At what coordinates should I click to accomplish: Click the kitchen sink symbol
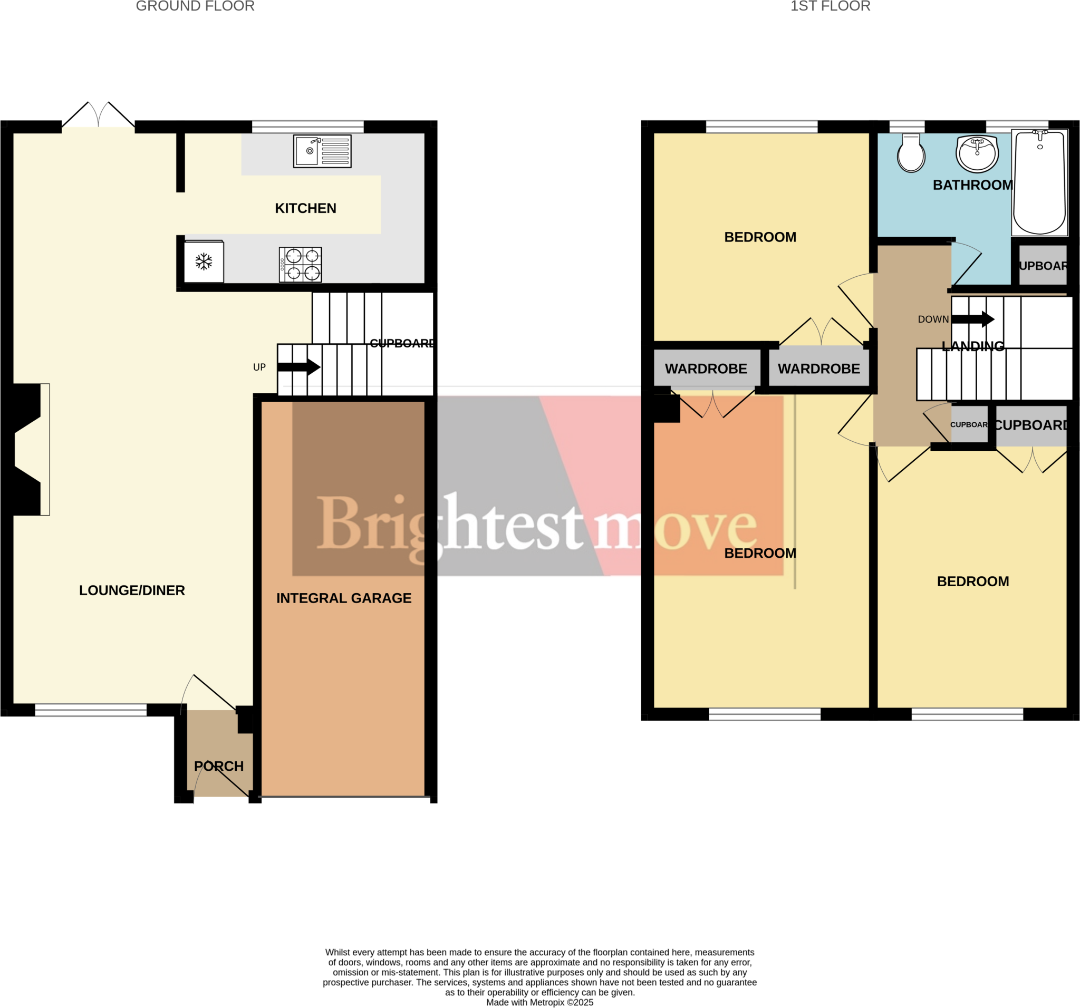[322, 151]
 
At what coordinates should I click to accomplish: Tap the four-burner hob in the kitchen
[301, 265]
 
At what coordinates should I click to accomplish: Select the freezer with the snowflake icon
[204, 262]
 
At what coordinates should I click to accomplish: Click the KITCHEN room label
[305, 209]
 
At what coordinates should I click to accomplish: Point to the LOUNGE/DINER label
[132, 590]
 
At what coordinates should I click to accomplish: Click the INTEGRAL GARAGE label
[344, 598]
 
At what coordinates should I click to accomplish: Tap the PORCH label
[219, 766]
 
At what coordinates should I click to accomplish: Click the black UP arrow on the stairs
[298, 367]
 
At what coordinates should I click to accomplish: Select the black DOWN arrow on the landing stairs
[973, 319]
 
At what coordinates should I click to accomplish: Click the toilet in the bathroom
[911, 154]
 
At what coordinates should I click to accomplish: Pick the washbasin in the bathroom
[977, 153]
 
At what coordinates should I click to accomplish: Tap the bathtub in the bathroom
[1039, 183]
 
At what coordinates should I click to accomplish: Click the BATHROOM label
[972, 185]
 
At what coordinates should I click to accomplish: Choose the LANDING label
[972, 346]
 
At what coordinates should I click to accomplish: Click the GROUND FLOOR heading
[195, 6]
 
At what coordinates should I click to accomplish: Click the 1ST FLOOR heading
[830, 6]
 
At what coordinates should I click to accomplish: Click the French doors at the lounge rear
[98, 115]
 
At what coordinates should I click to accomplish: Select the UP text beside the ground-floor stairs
[259, 367]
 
